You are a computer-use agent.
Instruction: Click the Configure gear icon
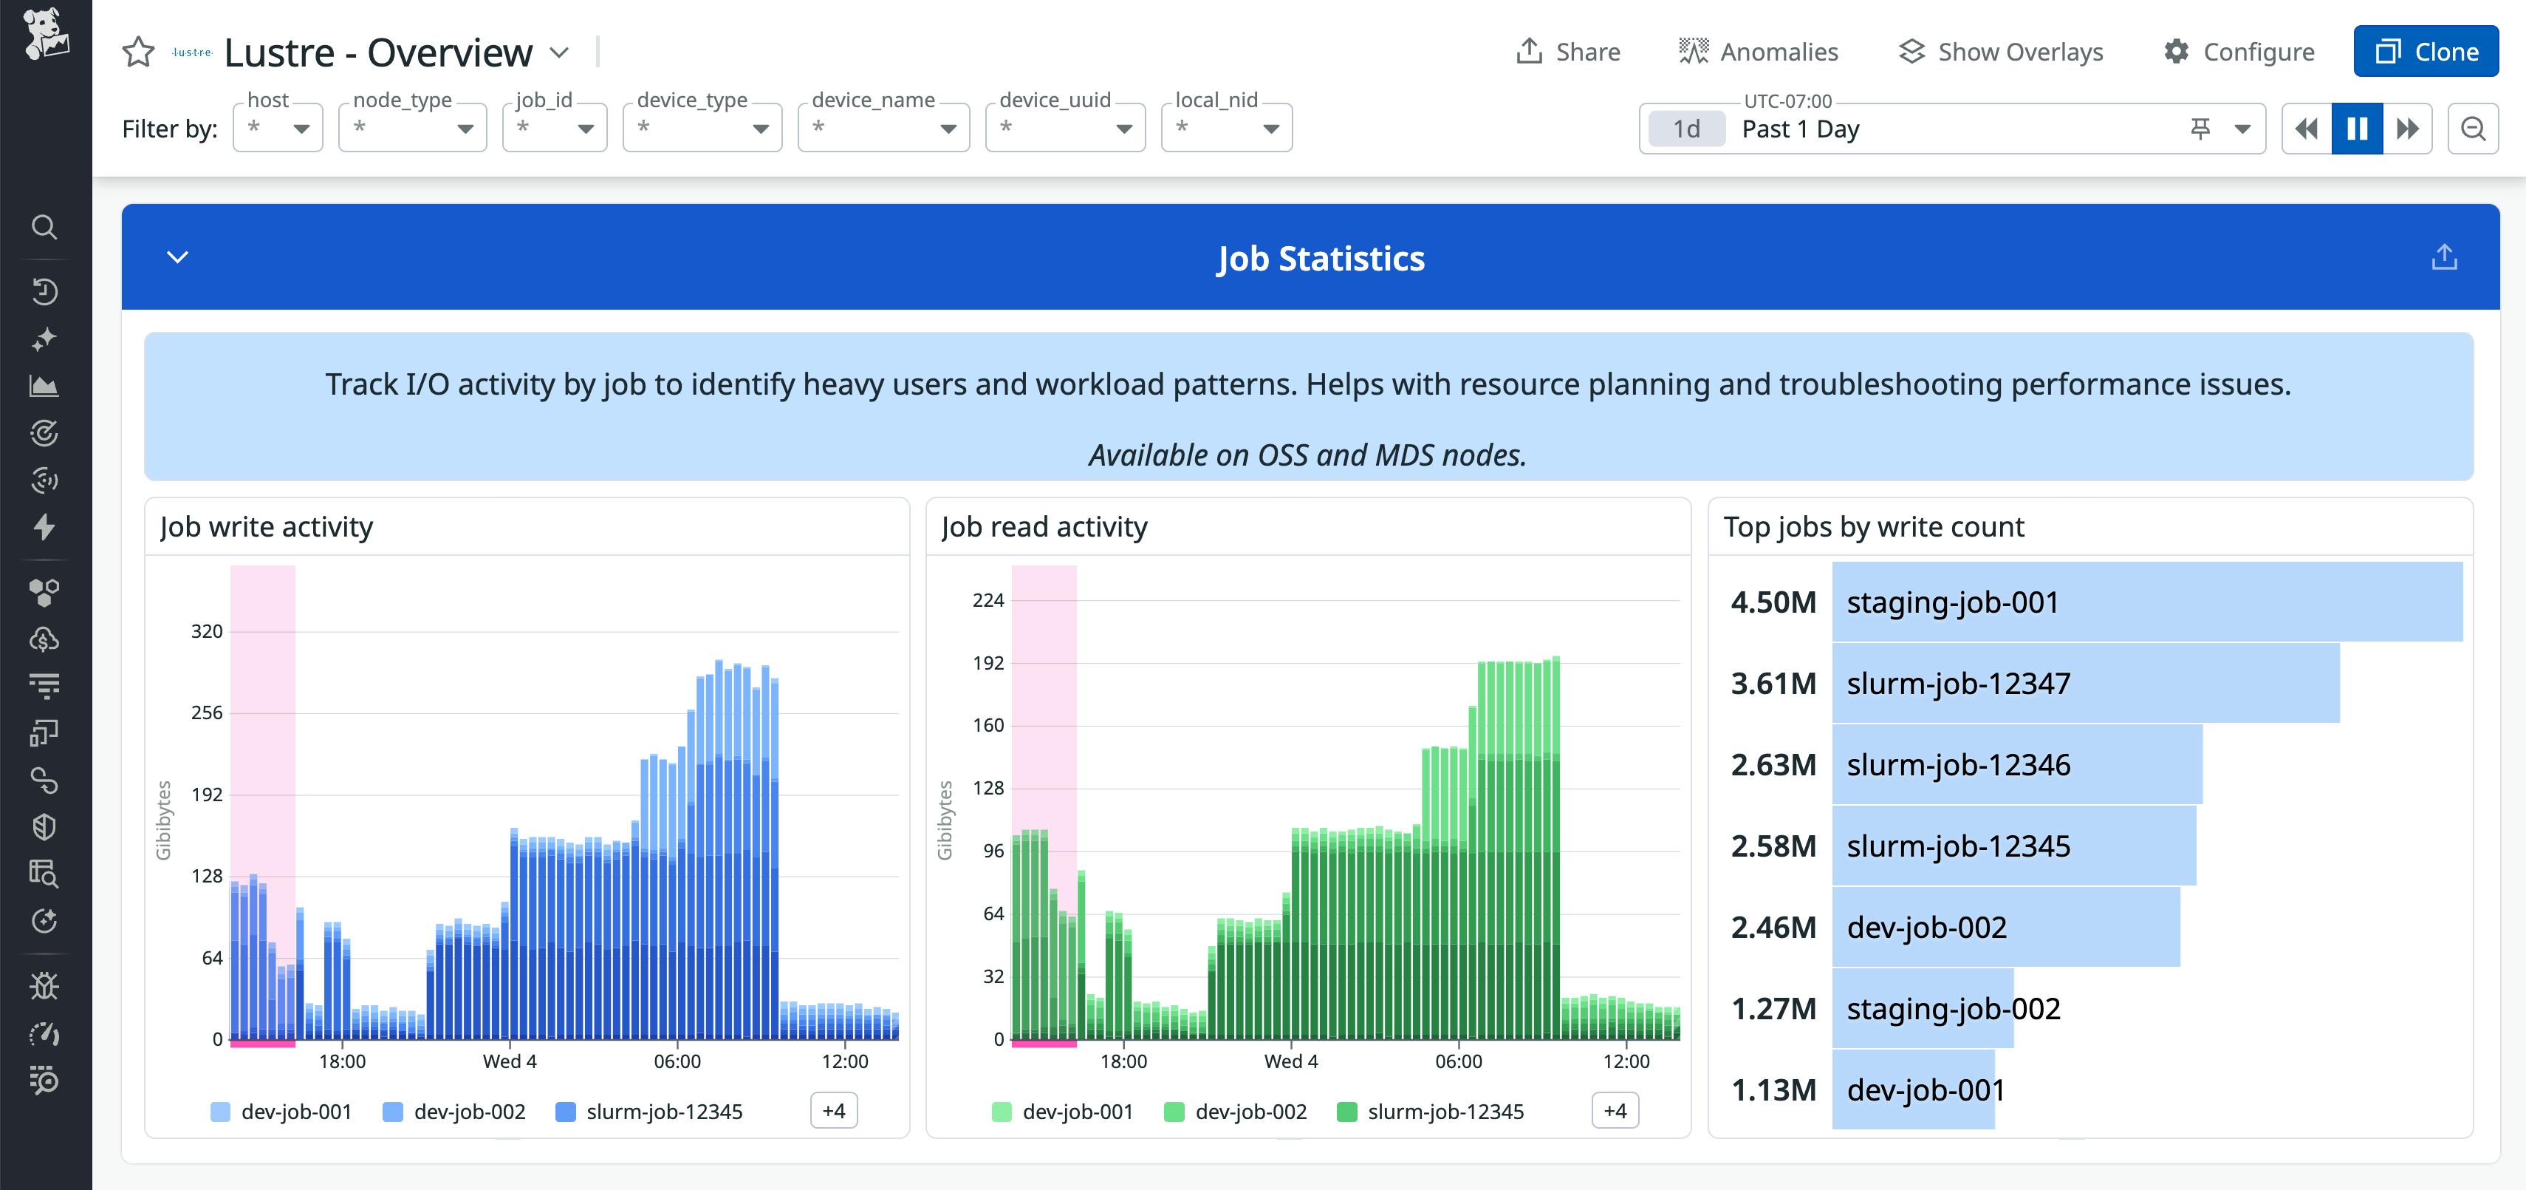pos(2176,51)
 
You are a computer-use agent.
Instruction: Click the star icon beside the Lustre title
pos(138,52)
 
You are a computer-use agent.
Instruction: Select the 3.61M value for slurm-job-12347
pos(1773,683)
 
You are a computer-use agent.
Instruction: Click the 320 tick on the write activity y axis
pos(206,630)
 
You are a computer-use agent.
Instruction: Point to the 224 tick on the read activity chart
pos(988,600)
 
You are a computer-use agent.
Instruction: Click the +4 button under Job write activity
pos(833,1110)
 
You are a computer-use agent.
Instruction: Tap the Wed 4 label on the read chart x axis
pos(1290,1061)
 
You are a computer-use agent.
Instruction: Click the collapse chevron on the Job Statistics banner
pos(177,257)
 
